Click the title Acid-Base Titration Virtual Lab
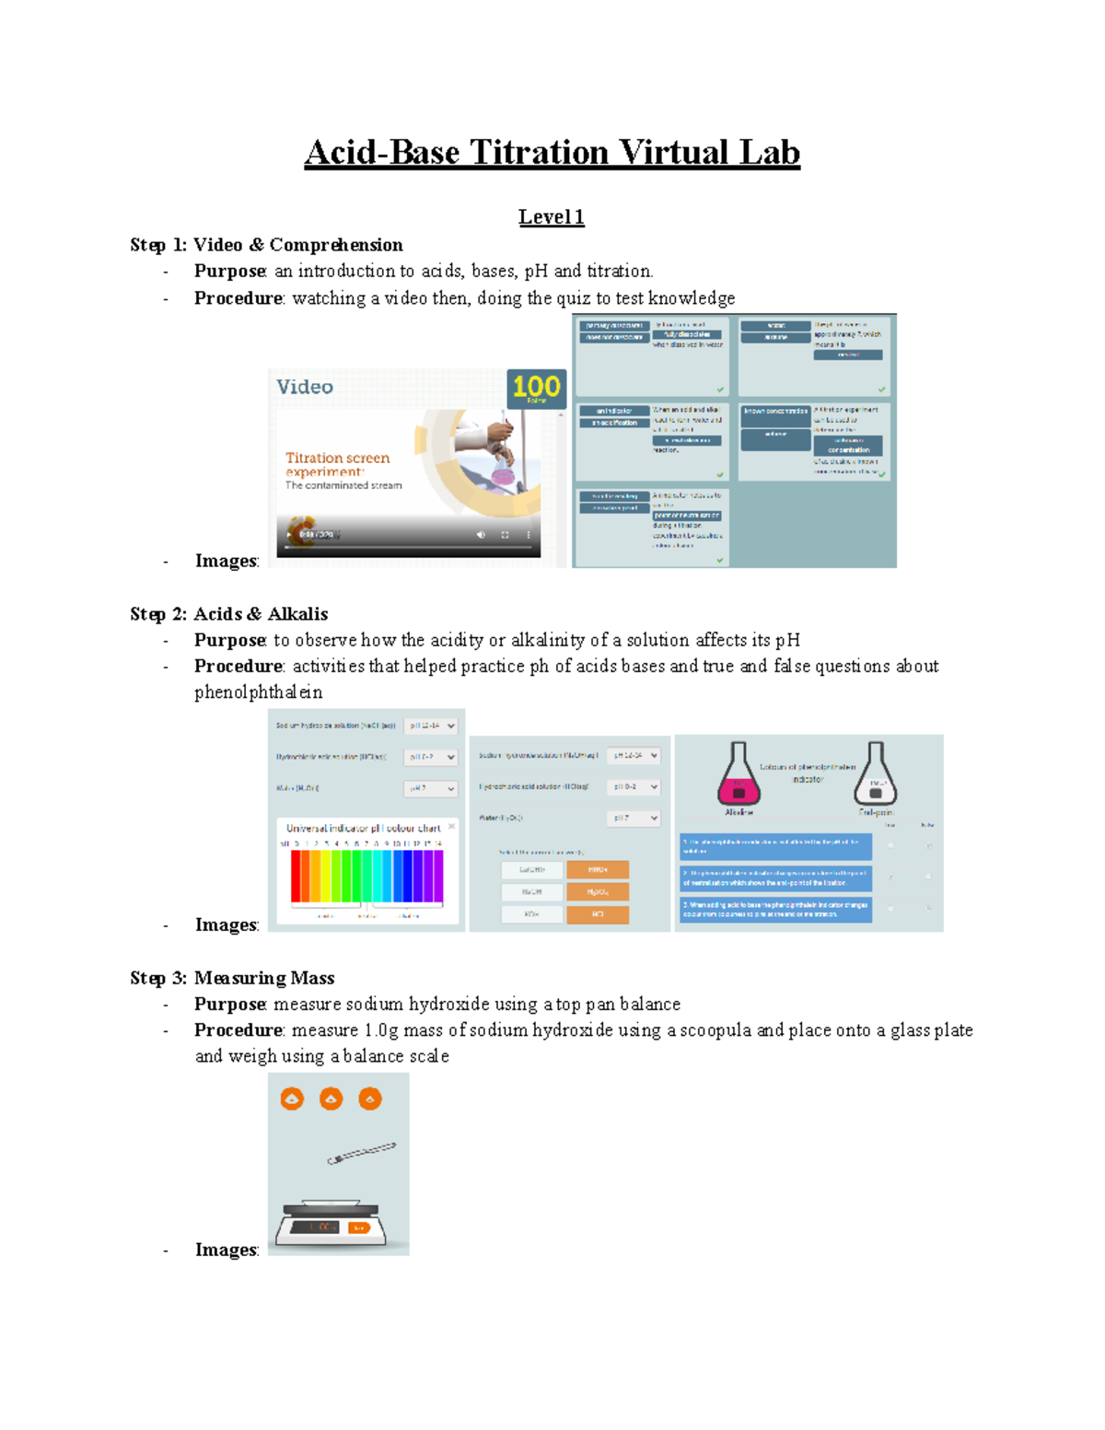(552, 152)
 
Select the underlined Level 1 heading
(551, 217)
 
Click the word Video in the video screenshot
(305, 387)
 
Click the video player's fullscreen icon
(505, 534)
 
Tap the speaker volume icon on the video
(480, 534)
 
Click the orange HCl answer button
(598, 914)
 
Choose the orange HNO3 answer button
(598, 869)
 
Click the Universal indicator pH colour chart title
(363, 828)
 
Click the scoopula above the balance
(361, 1153)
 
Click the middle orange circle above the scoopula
(331, 1099)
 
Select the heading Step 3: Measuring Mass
(232, 978)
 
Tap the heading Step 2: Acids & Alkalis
(228, 614)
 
